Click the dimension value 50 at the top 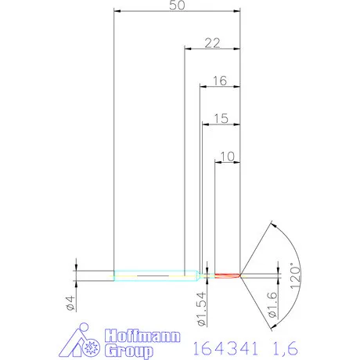(176, 6)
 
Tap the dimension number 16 (219, 80)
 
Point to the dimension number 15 (221, 118)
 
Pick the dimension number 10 (228, 157)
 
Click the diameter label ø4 (70, 303)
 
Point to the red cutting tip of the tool (228, 275)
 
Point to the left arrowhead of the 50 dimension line (117, 12)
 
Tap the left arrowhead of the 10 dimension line (218, 162)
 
